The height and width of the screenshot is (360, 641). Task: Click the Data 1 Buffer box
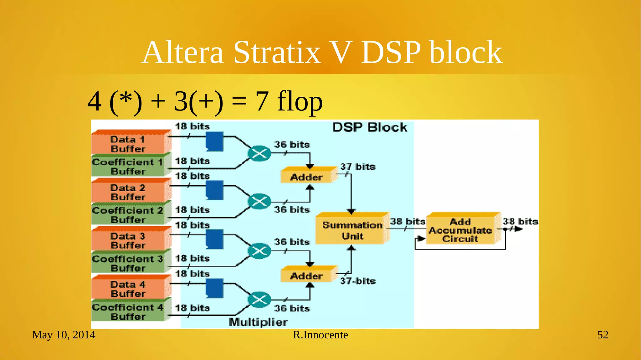[x=128, y=144]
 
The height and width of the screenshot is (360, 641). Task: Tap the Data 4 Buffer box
[x=128, y=289]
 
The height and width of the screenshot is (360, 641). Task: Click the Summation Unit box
[x=352, y=230]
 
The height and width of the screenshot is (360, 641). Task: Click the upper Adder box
[x=307, y=177]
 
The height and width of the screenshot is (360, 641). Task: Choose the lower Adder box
[x=307, y=275]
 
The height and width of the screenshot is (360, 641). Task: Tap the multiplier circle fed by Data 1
[x=259, y=153]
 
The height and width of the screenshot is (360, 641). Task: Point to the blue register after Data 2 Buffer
[x=214, y=190]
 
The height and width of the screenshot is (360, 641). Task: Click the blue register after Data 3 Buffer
[x=214, y=239]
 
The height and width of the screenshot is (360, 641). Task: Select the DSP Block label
[x=370, y=127]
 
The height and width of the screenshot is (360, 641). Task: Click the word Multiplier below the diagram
[x=258, y=322]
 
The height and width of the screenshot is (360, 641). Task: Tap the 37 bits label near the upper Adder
[x=358, y=167]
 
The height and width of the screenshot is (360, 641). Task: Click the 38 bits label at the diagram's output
[x=520, y=221]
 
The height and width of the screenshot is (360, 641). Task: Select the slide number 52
[x=603, y=335]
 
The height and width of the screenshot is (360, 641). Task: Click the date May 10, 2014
[x=64, y=335]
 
